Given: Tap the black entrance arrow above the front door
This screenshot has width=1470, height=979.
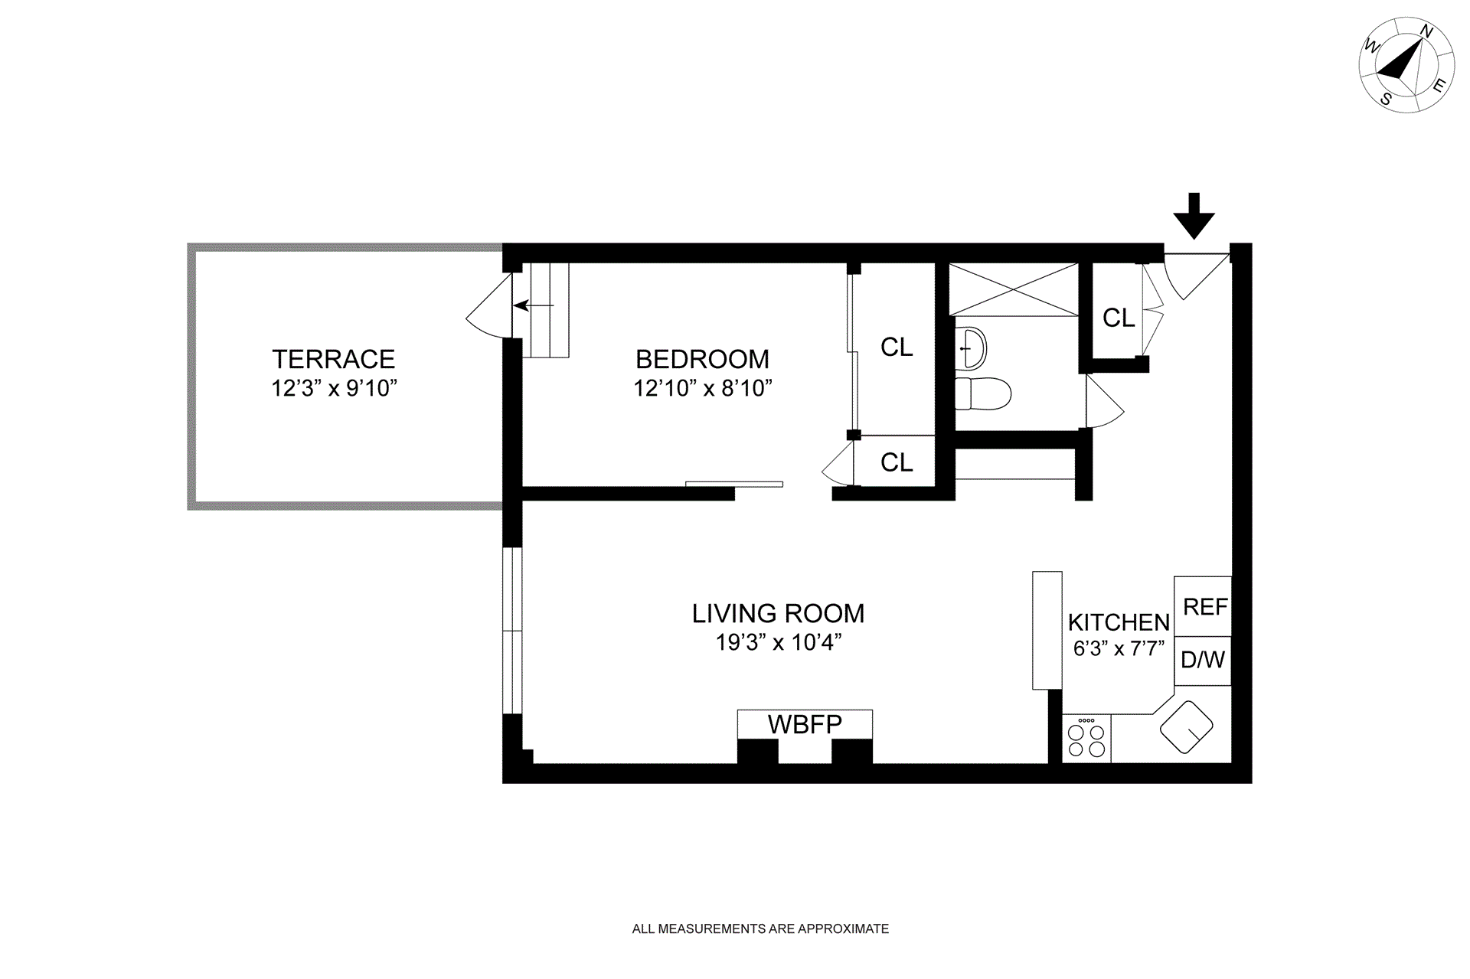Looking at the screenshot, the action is (1194, 216).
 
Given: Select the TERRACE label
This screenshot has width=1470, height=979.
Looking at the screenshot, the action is (334, 359).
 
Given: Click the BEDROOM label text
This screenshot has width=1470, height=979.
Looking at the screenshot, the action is (702, 359).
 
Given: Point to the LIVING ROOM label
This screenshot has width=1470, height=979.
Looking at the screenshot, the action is (778, 613).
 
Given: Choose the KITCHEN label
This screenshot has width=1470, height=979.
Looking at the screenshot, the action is (1119, 622).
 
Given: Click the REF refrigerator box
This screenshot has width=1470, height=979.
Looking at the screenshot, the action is (1203, 606).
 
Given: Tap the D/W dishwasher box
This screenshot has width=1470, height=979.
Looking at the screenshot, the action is (1203, 661).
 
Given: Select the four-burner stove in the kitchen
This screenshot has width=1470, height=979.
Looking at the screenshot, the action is (1086, 739).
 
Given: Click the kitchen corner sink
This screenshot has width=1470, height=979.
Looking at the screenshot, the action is (1187, 729).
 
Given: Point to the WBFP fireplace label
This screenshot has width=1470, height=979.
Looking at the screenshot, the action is (805, 724).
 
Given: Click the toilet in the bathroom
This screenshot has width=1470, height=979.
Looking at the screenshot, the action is (983, 393).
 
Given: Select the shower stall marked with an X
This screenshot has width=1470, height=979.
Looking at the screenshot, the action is (1014, 289).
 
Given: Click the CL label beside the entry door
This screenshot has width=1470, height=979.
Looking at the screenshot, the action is (1119, 318).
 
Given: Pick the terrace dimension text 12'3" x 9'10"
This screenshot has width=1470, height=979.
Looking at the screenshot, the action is (335, 388).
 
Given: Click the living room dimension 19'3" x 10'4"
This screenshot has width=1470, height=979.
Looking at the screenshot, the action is (779, 642).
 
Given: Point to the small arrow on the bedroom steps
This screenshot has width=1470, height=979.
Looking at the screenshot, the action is (534, 305).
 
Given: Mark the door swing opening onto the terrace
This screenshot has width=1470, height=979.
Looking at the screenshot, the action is (488, 305).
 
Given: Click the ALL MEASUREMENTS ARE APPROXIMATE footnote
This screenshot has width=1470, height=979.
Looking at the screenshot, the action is (760, 929).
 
